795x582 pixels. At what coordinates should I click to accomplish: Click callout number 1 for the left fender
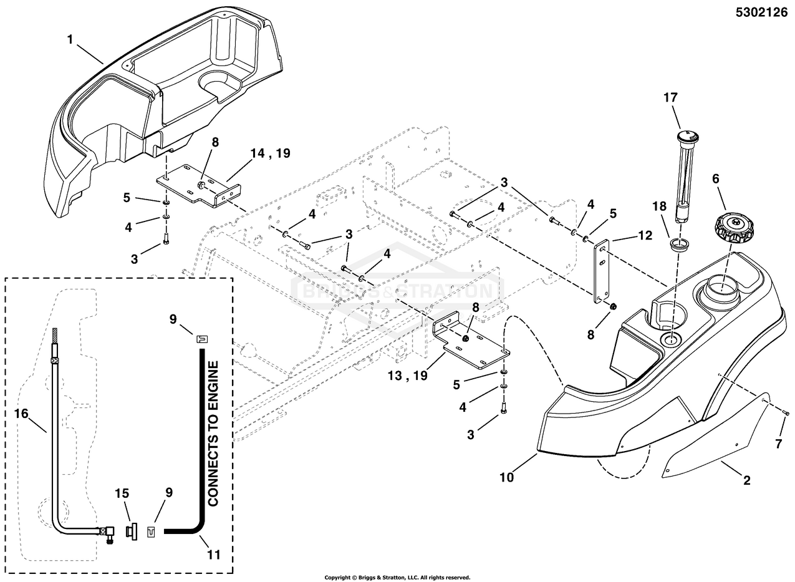[x=70, y=39]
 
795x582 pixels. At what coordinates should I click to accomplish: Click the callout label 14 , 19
[x=269, y=153]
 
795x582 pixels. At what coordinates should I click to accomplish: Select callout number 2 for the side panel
[x=746, y=480]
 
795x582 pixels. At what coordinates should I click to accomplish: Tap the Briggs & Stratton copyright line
[x=397, y=578]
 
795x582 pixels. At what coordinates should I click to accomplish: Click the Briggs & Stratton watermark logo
[x=397, y=289]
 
